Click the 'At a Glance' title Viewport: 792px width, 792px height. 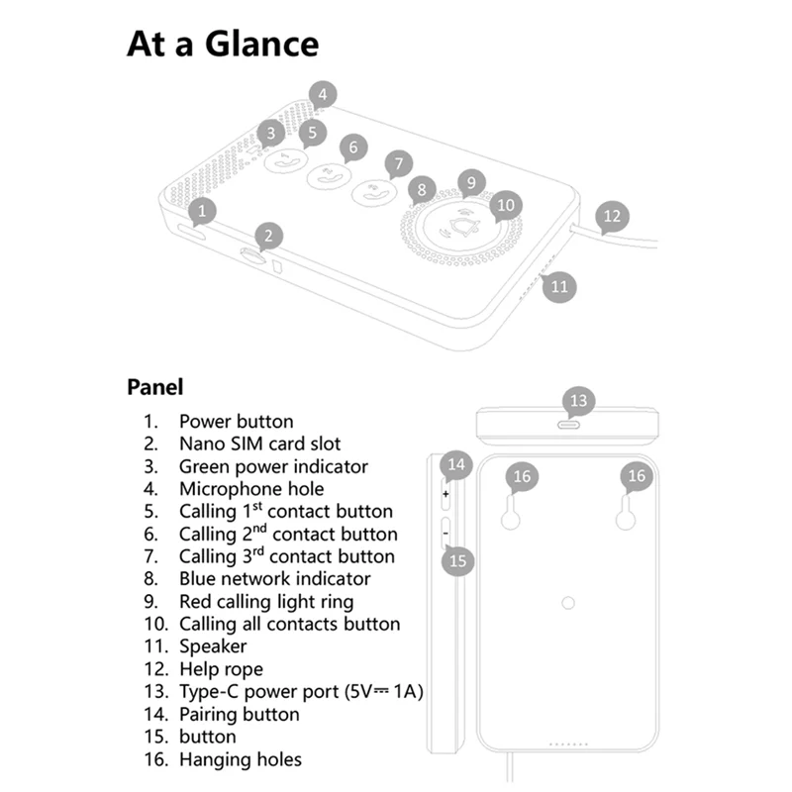(223, 45)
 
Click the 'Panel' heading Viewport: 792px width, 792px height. (154, 387)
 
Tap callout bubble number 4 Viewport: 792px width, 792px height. (322, 95)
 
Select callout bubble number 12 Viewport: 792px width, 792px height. (613, 215)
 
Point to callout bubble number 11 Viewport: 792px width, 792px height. (559, 286)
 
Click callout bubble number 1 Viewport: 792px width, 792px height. (202, 210)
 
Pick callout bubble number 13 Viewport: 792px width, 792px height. (578, 400)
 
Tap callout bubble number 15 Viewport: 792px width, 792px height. (457, 560)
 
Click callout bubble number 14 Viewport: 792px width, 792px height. (455, 463)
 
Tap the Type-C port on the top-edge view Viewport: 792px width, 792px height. (569, 424)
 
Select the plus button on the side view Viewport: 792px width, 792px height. (445, 492)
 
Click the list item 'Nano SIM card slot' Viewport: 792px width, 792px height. (259, 444)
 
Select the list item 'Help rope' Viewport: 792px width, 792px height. (221, 669)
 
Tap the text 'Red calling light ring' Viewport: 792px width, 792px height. (265, 601)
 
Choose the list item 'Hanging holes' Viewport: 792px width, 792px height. (240, 759)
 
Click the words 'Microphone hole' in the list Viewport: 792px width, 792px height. (251, 488)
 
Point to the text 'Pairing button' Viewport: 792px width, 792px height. (239, 714)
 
